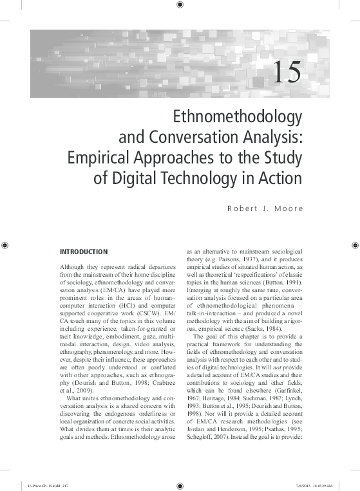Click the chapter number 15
coord(287,73)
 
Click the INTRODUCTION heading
coord(83,251)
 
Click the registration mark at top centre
coord(179,6)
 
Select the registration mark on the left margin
coord(6,245)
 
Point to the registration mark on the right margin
coord(354,245)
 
